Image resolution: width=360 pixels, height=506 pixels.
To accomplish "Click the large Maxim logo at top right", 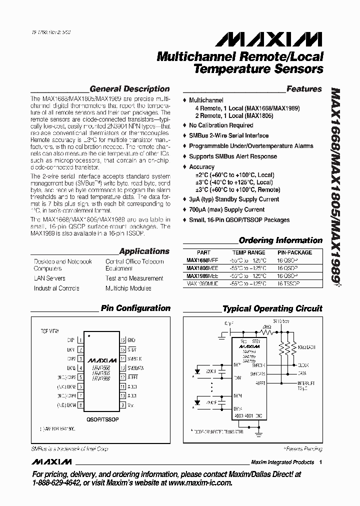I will (x=265, y=39).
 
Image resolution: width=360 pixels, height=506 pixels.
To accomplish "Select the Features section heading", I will (x=303, y=89).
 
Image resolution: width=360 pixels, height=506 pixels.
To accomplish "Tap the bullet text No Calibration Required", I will (x=221, y=125).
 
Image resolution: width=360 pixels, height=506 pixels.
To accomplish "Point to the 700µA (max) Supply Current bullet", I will (x=226, y=209).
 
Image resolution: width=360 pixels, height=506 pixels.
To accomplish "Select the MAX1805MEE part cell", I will (x=198, y=268).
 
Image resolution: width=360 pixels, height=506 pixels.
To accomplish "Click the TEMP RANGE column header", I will (x=248, y=252).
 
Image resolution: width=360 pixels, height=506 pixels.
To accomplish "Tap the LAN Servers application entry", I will (x=49, y=278).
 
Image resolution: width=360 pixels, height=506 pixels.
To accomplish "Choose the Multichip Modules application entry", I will (x=128, y=288).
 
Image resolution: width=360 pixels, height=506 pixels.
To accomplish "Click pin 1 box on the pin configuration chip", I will (x=80, y=339).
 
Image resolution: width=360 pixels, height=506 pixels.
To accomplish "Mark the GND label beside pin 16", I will (x=131, y=339).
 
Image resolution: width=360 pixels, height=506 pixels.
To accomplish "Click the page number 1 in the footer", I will (x=320, y=462).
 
